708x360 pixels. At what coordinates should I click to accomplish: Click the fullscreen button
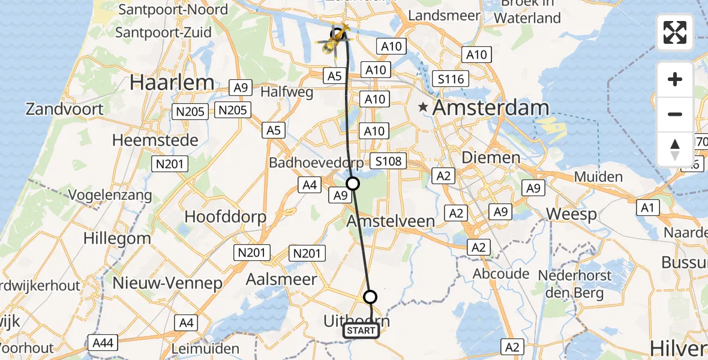675,32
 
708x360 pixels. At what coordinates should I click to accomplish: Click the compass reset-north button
675,149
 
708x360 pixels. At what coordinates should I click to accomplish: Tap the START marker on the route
361,331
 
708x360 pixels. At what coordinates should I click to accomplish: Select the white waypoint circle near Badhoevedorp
353,184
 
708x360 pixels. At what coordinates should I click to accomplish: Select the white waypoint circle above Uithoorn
370,296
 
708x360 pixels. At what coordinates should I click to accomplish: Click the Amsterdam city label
490,109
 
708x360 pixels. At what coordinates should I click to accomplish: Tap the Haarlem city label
172,83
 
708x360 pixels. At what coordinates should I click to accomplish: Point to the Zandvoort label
64,110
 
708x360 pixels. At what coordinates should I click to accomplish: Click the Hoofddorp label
226,217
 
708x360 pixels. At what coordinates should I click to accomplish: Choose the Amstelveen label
391,221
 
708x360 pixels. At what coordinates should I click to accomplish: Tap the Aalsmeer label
281,279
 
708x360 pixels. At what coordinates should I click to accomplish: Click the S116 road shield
451,79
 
